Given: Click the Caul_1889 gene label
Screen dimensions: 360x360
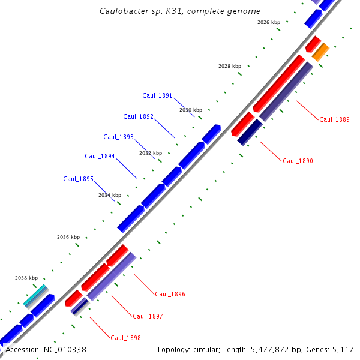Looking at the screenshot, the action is (334, 119).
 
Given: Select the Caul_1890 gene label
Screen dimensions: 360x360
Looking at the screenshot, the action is (298, 161).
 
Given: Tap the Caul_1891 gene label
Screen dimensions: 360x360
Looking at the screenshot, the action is (157, 96).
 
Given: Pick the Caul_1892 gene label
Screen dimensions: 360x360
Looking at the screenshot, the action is (138, 116).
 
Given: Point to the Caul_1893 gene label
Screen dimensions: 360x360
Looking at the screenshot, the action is (118, 137).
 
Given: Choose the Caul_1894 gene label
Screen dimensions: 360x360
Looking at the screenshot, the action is (100, 157).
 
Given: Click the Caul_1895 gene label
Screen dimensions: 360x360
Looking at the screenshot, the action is (78, 179).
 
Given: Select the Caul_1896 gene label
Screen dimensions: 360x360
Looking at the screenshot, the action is (170, 295).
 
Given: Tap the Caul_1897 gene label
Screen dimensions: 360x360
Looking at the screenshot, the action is (148, 316).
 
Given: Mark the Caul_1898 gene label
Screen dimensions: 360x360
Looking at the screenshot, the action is (125, 338).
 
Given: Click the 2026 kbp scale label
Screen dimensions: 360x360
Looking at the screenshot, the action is (268, 22).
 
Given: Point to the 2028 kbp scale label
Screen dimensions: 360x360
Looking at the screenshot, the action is (229, 66).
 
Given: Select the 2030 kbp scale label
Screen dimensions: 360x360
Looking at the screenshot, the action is (191, 110).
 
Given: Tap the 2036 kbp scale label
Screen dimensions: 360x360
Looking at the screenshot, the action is (68, 237).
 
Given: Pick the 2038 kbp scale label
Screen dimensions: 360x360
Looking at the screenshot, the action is (26, 278).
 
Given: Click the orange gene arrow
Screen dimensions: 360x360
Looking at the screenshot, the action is (320, 52).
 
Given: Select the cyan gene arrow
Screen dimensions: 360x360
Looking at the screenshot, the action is (35, 295).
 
